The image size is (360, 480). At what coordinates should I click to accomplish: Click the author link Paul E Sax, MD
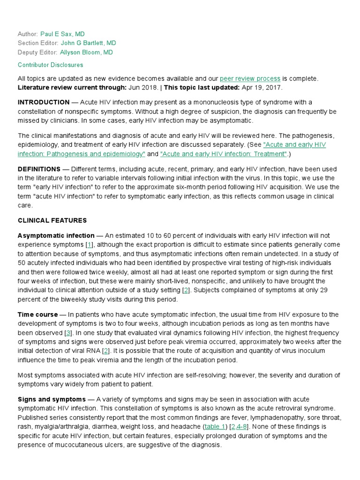63,34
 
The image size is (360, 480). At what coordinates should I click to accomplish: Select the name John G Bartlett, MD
89,43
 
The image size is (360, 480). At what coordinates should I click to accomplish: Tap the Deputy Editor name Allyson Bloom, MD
86,52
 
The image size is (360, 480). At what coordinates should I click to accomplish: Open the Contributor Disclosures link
50,65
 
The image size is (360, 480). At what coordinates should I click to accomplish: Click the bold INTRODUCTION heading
44,102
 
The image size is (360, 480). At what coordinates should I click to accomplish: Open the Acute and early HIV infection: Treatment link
223,154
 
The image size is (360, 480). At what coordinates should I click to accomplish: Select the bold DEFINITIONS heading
39,169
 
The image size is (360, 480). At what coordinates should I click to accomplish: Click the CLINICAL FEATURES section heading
52,220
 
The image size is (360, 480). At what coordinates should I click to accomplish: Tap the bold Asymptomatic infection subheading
56,235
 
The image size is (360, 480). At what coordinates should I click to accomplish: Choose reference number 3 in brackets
68,332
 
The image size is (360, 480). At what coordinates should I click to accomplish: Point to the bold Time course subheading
37,314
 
